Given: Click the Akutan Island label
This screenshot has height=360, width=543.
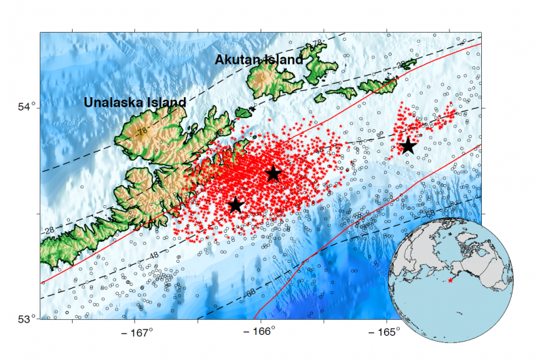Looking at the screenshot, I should [x=259, y=60].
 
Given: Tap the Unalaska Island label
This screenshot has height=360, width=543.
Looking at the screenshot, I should [x=134, y=103].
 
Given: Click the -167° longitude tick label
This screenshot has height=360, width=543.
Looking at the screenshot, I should [x=138, y=333].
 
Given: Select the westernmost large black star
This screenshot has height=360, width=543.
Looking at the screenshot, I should [x=236, y=204].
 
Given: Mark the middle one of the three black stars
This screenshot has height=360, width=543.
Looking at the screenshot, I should [x=273, y=174].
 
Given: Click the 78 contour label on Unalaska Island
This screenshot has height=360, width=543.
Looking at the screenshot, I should [x=141, y=132].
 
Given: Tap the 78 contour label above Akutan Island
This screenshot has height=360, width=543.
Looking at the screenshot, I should [x=317, y=43].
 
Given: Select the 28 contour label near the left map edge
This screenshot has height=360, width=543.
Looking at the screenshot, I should [x=48, y=231].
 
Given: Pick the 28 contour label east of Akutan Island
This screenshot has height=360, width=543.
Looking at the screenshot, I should [x=401, y=65].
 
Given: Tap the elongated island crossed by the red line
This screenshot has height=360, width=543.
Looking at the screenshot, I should [x=377, y=86].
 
